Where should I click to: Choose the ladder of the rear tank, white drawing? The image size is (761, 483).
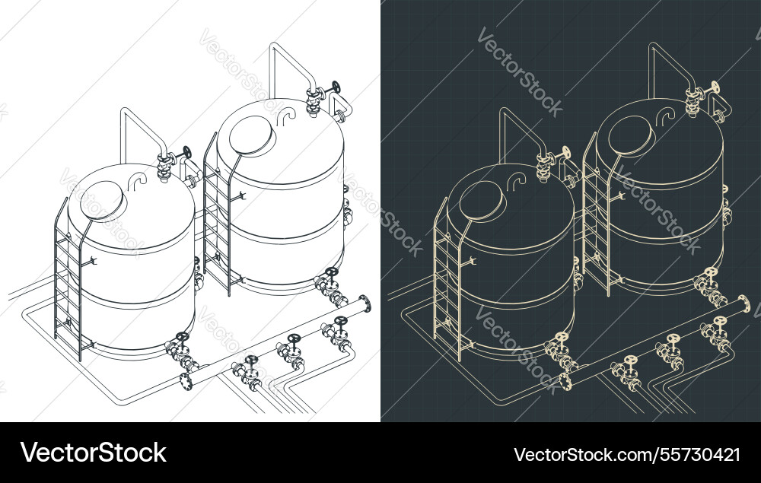[x=217, y=217]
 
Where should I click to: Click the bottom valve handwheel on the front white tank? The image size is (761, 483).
[x=182, y=337]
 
